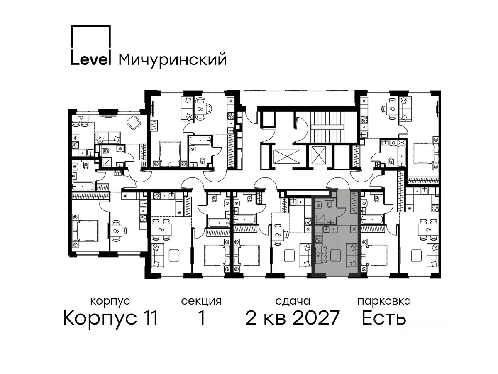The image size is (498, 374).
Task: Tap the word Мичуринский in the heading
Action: (173, 60)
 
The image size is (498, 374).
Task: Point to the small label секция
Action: (201, 302)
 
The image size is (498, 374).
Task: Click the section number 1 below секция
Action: (201, 318)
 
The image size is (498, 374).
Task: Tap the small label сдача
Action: (293, 302)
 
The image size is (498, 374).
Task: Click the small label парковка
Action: (384, 301)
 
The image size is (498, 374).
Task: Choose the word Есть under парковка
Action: (383, 318)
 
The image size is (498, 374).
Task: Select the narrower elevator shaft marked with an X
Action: (319, 155)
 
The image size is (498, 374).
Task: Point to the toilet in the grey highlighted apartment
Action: (329, 204)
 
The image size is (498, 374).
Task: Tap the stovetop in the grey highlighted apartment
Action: (319, 239)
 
